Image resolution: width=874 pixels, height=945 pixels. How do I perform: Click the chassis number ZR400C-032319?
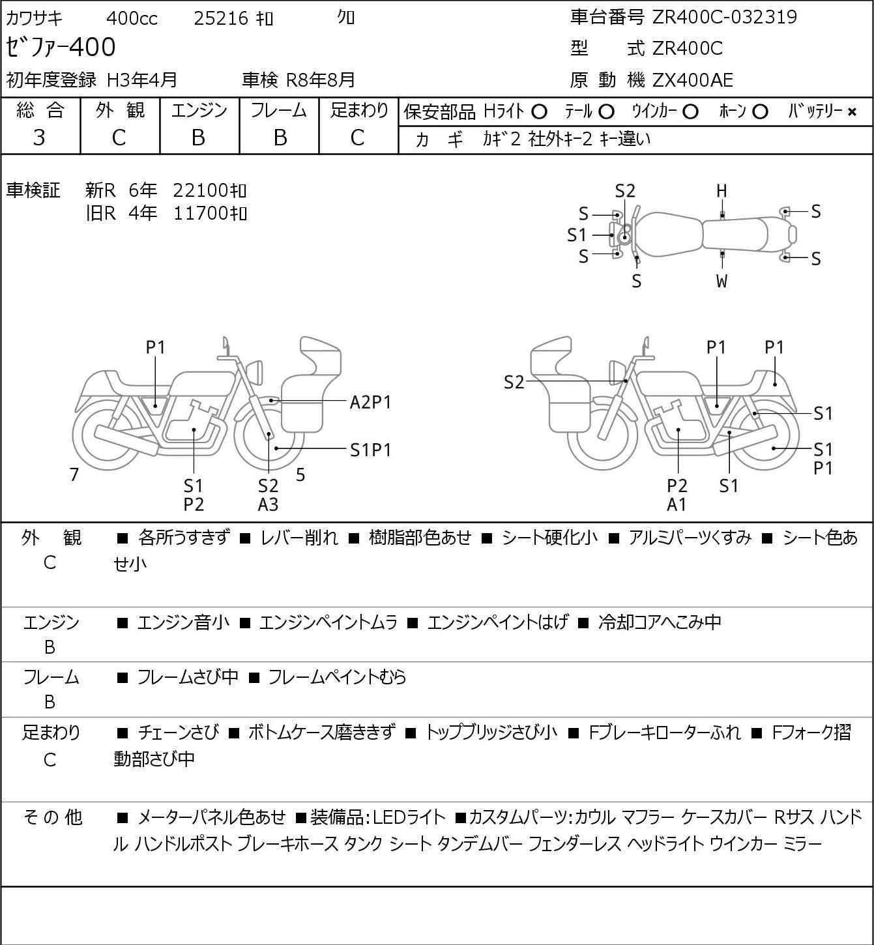click(725, 17)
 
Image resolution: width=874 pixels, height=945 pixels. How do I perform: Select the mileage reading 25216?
click(222, 18)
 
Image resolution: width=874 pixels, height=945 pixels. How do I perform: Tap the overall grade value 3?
click(39, 138)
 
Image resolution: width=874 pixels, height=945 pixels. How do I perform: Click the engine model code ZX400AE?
click(693, 80)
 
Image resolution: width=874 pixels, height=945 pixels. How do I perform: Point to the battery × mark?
click(852, 112)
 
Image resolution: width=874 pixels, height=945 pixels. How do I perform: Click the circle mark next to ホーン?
click(760, 112)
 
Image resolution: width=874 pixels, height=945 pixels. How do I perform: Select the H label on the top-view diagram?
click(721, 191)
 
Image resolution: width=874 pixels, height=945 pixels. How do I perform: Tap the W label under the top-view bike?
click(721, 281)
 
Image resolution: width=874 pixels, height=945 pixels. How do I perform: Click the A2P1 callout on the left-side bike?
click(370, 403)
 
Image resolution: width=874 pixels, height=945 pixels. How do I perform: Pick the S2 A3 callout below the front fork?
click(268, 495)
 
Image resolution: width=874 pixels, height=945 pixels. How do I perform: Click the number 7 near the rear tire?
click(74, 474)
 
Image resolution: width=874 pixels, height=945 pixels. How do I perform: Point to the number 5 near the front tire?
click(300, 474)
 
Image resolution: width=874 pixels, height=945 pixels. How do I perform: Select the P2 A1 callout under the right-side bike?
click(677, 495)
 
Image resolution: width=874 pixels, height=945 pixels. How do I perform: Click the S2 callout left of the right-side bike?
click(514, 382)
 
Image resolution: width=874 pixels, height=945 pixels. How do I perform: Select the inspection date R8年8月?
click(321, 80)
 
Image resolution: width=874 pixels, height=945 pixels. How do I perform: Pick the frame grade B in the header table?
click(280, 138)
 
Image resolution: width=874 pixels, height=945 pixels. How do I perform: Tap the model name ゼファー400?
click(61, 47)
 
